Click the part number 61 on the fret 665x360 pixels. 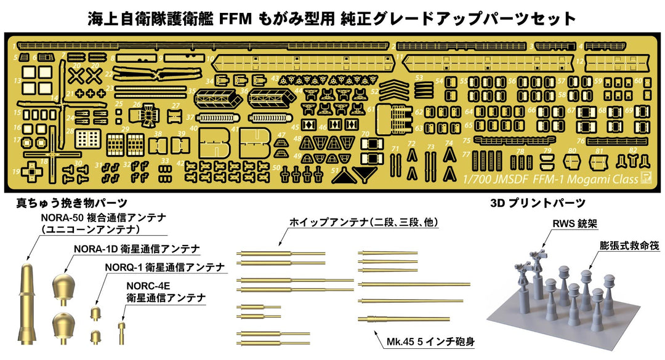[x=371, y=108]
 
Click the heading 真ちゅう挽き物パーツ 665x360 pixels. [x=72, y=203]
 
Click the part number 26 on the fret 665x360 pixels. [x=137, y=104]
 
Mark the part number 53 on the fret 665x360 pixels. [x=419, y=78]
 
